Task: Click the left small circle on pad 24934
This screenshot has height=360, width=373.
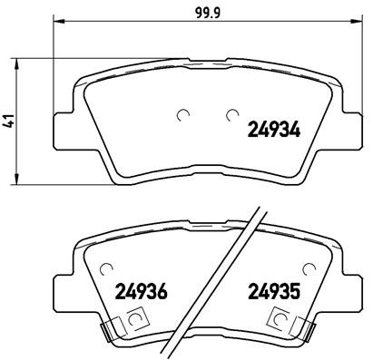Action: [x=184, y=114]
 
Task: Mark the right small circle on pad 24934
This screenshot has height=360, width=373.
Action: [x=231, y=114]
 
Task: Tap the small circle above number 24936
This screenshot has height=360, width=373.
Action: [x=106, y=268]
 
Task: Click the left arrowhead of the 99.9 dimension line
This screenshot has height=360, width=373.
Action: [x=57, y=24]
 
